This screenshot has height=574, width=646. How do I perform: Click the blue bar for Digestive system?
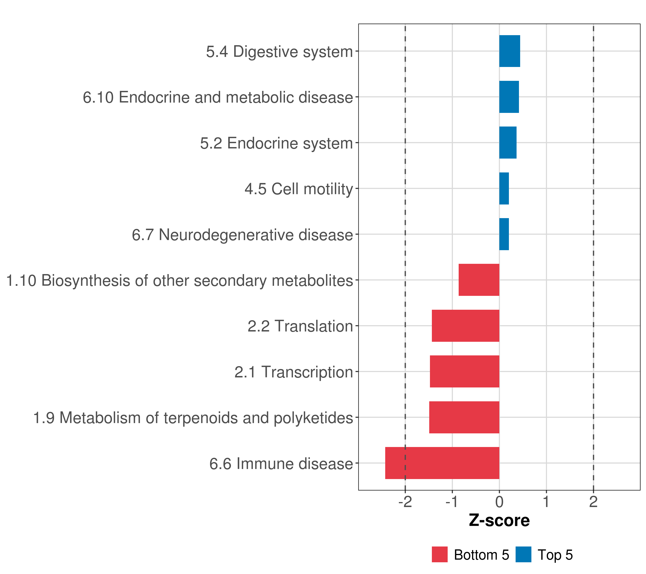pyautogui.click(x=509, y=51)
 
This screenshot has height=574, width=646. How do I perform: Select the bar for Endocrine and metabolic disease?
pyautogui.click(x=509, y=97)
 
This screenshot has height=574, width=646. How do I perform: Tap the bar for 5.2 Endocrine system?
pyautogui.click(x=507, y=143)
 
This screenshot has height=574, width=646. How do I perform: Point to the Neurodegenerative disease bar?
pyautogui.click(x=504, y=234)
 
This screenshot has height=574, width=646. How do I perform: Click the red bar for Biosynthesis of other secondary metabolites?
pyautogui.click(x=479, y=280)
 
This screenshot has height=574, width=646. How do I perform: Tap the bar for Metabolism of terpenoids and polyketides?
pyautogui.click(x=464, y=417)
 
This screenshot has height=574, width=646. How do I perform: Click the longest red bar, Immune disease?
pyautogui.click(x=442, y=463)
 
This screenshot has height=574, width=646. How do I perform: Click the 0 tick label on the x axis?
pyautogui.click(x=499, y=502)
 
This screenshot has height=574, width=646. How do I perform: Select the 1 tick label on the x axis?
pyautogui.click(x=546, y=502)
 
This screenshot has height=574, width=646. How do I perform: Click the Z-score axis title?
pyautogui.click(x=499, y=521)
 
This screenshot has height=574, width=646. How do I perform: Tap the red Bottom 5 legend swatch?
pyautogui.click(x=440, y=554)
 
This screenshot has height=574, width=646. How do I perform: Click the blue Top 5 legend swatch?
pyautogui.click(x=523, y=554)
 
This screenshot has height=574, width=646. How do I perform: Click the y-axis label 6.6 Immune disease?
pyautogui.click(x=281, y=464)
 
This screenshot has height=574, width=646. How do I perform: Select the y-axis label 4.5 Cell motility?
pyautogui.click(x=299, y=189)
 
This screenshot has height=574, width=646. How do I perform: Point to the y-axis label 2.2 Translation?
pyautogui.click(x=300, y=326)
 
